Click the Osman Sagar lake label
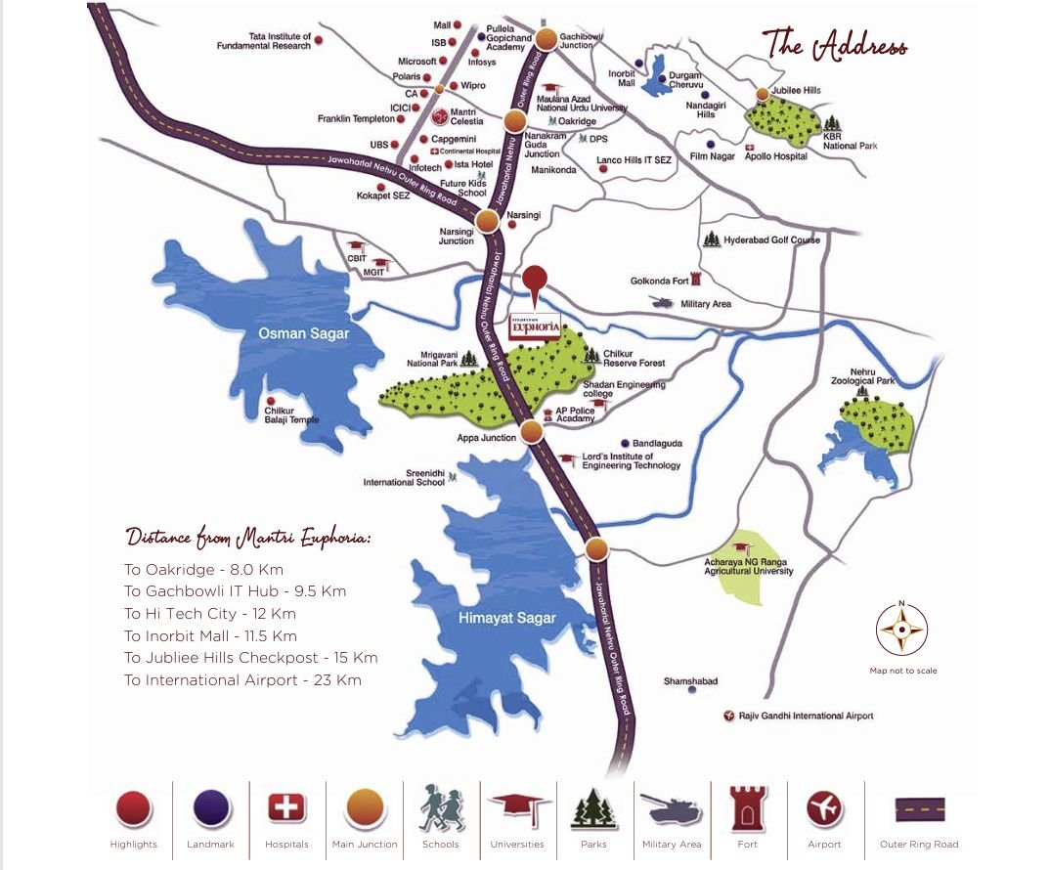(x=303, y=334)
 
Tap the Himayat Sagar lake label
(x=506, y=618)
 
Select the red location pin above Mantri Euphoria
(x=535, y=281)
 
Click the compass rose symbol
(x=901, y=630)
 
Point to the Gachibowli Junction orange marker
(x=546, y=40)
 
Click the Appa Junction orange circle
(x=532, y=431)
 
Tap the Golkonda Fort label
(x=660, y=282)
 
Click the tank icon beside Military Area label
(x=663, y=303)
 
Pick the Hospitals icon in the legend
(x=286, y=808)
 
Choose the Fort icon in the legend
(x=749, y=808)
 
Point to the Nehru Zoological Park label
(x=862, y=376)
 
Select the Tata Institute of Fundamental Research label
(x=264, y=41)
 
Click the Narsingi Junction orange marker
(x=488, y=222)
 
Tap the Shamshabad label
(x=690, y=680)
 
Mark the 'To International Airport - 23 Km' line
(x=242, y=680)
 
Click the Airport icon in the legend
(x=824, y=808)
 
